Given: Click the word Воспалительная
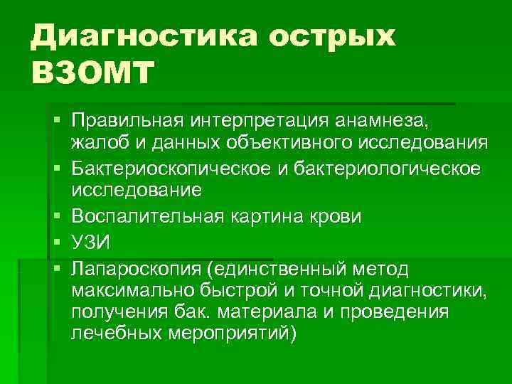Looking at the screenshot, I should [x=145, y=215].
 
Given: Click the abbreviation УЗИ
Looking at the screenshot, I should [x=90, y=242].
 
